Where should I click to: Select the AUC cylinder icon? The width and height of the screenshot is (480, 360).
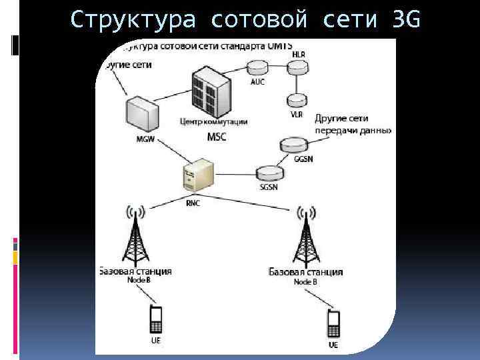(x=257, y=67)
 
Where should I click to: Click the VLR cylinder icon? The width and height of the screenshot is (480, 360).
(x=295, y=100)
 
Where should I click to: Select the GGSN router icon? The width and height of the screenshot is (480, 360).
(x=293, y=145)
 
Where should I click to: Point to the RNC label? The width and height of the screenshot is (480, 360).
(x=193, y=203)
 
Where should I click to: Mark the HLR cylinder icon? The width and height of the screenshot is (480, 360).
(x=296, y=67)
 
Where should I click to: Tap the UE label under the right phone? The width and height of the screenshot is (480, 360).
(x=333, y=345)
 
